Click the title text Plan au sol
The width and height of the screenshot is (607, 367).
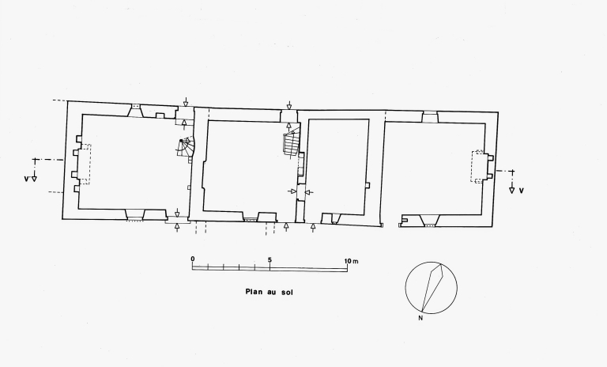269,292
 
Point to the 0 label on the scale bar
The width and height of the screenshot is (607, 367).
193,259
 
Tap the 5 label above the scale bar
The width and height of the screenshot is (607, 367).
270,259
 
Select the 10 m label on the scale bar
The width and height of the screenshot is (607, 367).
352,261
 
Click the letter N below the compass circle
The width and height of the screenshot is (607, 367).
420,319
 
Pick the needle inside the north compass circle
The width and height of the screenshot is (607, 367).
432,288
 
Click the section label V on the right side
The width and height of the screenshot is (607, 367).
521,191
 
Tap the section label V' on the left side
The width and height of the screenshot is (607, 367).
26,179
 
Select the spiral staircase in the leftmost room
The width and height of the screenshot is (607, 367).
186,147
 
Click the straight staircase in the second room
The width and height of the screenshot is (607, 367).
292,143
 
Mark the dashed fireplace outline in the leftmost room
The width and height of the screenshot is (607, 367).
85,164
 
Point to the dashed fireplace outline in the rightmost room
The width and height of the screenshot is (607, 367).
477,166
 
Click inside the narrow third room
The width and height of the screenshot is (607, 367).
337,167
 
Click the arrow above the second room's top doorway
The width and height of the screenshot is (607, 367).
289,105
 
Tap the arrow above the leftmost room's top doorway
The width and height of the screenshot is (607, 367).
186,102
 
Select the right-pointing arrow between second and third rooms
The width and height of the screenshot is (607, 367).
292,191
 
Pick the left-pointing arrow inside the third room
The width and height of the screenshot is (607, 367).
309,192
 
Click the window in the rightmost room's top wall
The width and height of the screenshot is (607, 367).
430,116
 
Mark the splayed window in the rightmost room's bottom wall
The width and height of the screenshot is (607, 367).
429,221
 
